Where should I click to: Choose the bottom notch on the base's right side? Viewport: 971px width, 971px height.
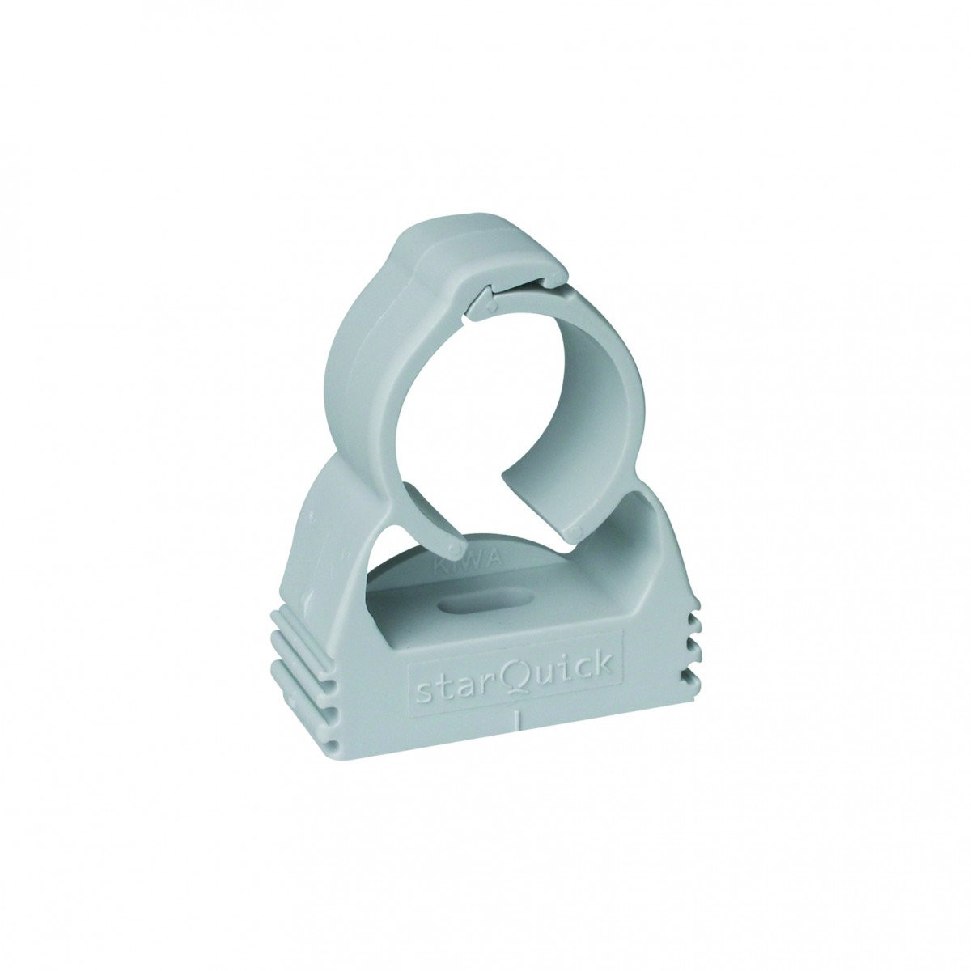coord(693,676)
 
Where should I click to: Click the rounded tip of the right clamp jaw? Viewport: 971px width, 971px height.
coord(575,530)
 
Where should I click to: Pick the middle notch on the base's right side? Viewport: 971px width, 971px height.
coord(693,649)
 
